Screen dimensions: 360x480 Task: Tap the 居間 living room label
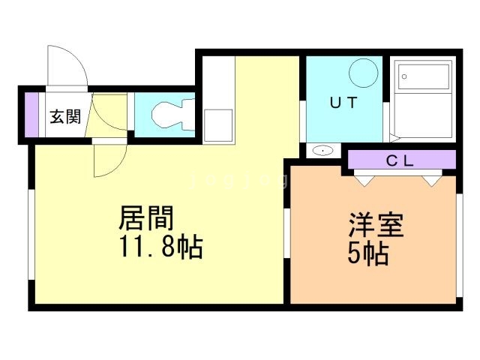[147, 219]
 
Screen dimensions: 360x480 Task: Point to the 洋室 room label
[376, 226]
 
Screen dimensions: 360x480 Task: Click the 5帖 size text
[367, 254]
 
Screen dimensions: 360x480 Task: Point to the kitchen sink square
[218, 122]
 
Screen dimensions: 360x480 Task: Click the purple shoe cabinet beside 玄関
[31, 114]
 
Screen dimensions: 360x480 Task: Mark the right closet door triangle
[430, 179]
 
